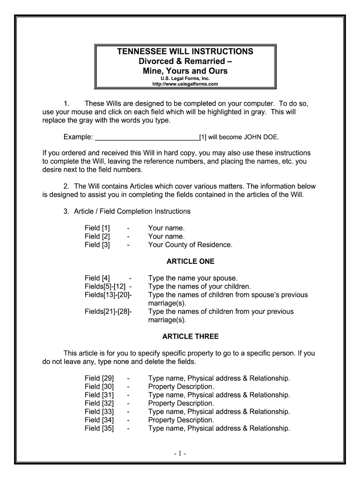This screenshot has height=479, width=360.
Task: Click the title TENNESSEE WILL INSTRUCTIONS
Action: tap(185, 51)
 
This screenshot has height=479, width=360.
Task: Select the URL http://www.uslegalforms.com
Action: tap(185, 84)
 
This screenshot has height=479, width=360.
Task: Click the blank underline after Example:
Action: tap(146, 138)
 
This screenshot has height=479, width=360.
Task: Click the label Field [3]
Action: tap(97, 245)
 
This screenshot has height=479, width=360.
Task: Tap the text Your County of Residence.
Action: tap(190, 245)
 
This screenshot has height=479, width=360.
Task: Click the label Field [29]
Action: tap(99, 378)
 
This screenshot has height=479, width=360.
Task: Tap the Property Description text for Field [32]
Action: tap(181, 403)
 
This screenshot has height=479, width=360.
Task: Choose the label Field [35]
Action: tap(99, 428)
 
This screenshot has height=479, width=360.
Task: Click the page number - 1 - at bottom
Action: tap(180, 454)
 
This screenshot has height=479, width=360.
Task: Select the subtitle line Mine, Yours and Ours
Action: tap(185, 71)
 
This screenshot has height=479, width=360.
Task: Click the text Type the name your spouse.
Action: tap(193, 278)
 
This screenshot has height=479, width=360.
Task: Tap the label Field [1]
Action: tap(97, 228)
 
